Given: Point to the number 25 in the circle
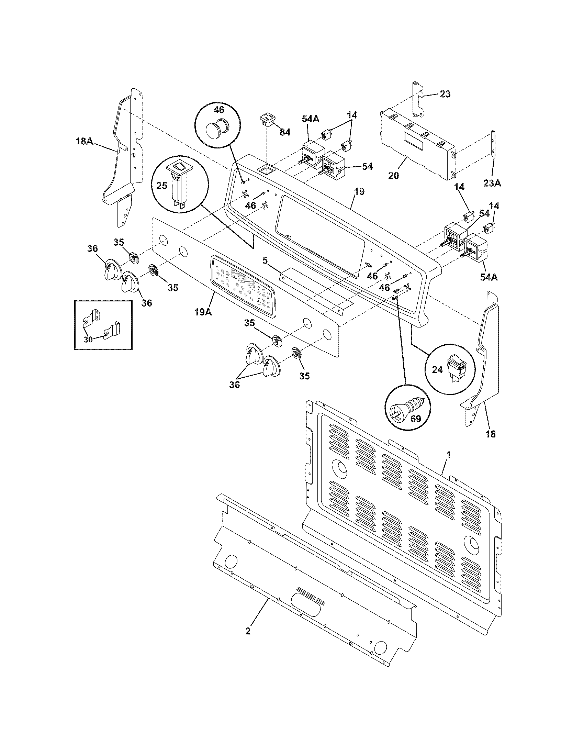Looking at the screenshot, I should pos(161,186).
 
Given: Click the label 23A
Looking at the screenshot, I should pos(492,183).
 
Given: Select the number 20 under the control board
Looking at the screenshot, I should pos(393,176).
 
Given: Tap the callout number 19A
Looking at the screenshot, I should pos(203,312).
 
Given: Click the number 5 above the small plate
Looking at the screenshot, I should pos(265,261).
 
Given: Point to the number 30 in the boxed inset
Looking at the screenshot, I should pos(88,340).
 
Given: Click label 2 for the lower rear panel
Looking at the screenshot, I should pos(247,631).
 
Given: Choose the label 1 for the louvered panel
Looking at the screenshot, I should pos(449,455).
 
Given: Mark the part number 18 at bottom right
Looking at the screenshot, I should pos(490,434).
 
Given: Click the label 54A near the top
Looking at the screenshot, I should pos(310,119).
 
